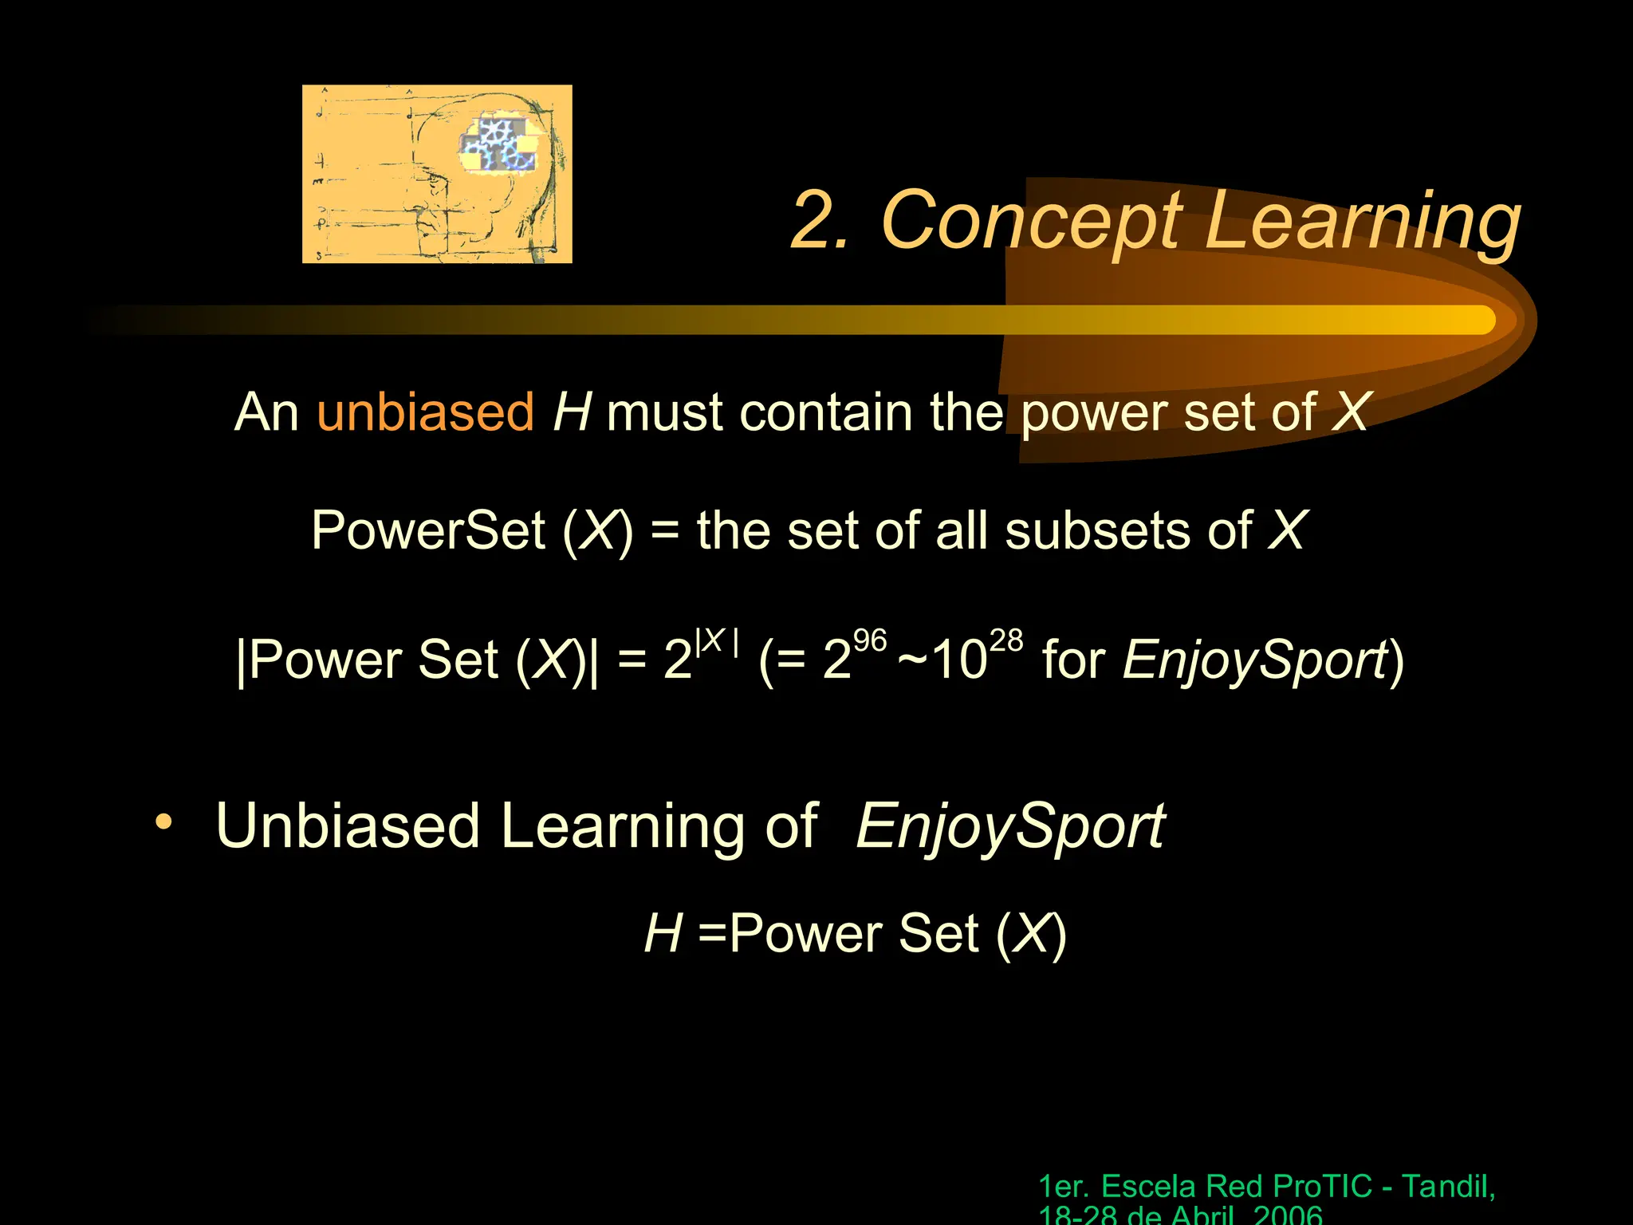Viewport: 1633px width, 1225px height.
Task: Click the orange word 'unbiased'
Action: pyautogui.click(x=425, y=412)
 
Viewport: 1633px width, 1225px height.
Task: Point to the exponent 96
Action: pyautogui.click(x=870, y=640)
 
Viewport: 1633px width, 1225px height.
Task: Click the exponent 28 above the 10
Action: pyautogui.click(x=1005, y=640)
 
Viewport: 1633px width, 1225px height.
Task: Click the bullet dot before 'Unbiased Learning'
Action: pyautogui.click(x=163, y=821)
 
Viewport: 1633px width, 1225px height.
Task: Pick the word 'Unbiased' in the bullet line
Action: pyautogui.click(x=347, y=825)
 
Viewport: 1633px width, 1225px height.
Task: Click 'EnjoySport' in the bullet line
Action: pyautogui.click(x=1010, y=827)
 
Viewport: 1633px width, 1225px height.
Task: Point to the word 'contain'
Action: pyautogui.click(x=821, y=412)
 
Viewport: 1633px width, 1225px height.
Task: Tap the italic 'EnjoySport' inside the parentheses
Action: pyautogui.click(x=1255, y=661)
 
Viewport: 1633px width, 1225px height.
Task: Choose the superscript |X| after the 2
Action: pyautogui.click(x=717, y=642)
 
